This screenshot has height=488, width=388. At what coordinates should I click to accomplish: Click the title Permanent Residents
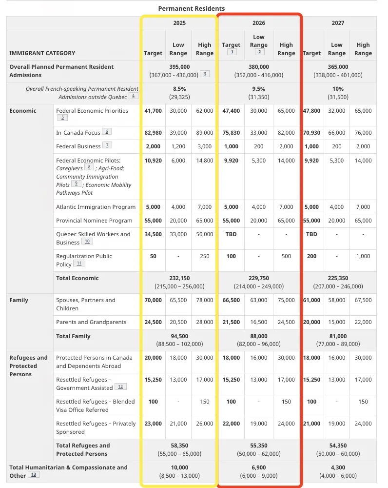point(192,8)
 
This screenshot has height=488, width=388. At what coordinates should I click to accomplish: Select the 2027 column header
point(337,23)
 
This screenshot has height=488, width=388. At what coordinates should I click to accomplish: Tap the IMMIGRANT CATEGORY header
point(42,53)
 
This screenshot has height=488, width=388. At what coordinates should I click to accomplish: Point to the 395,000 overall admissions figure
point(179,67)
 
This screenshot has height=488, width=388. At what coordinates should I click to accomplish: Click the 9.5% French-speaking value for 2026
point(258,89)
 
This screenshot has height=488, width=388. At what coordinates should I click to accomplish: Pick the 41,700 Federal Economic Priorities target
point(153,111)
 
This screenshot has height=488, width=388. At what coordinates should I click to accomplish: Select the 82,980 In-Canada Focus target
point(153,133)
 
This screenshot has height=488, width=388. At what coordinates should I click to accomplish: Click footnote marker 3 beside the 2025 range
point(205,74)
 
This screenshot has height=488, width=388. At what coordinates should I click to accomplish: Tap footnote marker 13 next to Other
point(34,474)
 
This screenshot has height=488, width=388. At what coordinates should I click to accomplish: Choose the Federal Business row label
point(78,146)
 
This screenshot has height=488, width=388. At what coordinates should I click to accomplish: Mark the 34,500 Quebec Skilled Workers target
point(153,234)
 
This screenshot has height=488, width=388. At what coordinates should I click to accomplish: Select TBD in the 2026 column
point(231,234)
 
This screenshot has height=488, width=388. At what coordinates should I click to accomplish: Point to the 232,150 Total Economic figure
point(179,278)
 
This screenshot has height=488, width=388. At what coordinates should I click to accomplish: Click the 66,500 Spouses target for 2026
point(231,300)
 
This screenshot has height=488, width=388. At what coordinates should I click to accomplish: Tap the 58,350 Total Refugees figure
point(179,446)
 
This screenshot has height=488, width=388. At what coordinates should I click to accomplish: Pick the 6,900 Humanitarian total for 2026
point(258,468)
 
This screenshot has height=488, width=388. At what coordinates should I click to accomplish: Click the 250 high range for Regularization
point(205,256)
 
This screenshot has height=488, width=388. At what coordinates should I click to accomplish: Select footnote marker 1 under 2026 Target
point(232,52)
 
